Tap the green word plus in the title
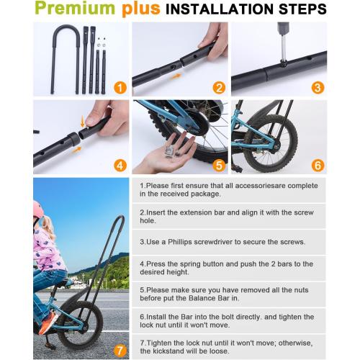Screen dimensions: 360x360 point(144,10)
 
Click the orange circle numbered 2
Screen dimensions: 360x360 point(219,87)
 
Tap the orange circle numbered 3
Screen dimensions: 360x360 point(317,87)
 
